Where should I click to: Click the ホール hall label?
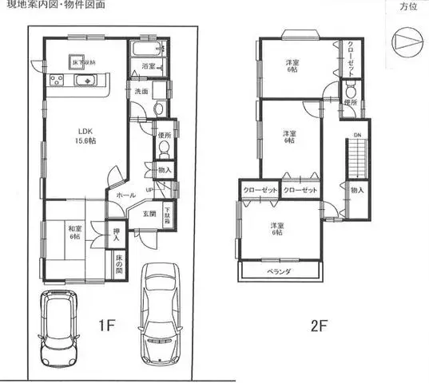(125, 194)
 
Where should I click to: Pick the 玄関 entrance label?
(149, 213)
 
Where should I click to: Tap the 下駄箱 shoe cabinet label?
(168, 215)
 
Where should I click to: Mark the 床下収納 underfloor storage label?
(85, 61)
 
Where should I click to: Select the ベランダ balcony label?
(278, 272)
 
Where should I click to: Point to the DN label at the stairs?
(357, 135)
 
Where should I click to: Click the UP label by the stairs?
(149, 189)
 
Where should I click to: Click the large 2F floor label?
(319, 326)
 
